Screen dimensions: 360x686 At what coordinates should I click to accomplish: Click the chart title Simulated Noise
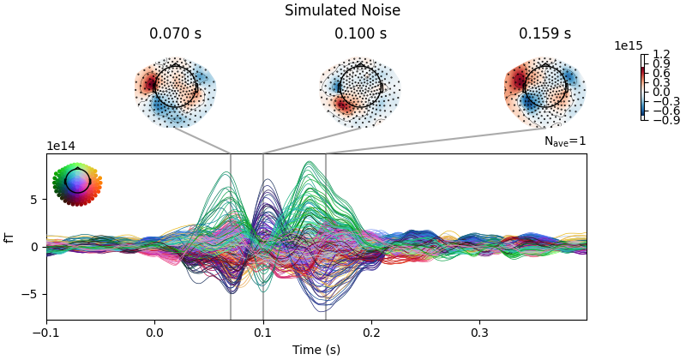[343, 11]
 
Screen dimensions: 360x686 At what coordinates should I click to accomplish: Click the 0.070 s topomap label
[175, 34]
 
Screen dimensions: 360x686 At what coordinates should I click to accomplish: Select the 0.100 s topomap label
[360, 34]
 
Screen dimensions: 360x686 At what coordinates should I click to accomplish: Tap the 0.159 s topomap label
[545, 34]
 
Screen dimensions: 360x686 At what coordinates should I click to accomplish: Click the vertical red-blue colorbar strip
[643, 87]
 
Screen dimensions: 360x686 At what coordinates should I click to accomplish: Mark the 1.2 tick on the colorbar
[660, 55]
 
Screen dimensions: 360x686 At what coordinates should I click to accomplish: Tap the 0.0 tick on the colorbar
[660, 92]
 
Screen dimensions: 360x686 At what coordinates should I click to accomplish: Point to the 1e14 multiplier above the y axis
[60, 147]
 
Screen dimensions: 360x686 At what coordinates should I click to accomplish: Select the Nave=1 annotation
[565, 141]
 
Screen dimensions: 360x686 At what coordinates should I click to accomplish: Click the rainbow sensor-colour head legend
[77, 183]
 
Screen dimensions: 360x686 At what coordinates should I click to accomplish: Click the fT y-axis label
[10, 237]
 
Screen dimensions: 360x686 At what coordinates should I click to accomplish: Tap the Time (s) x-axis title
[316, 350]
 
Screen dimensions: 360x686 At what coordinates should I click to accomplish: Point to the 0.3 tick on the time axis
[478, 332]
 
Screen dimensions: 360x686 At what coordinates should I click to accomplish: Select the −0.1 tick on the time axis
[46, 332]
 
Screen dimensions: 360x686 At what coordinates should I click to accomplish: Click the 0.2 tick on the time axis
[371, 332]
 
